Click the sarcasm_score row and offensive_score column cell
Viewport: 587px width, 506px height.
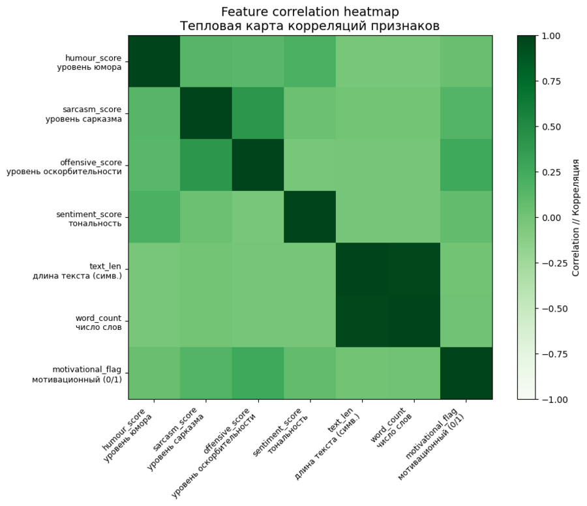tap(258, 113)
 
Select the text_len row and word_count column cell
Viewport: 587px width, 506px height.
tap(414, 269)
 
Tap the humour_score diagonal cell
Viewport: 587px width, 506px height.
tap(155, 61)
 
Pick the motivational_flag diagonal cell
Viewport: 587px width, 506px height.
tap(466, 373)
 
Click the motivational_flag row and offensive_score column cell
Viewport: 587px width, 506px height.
tap(258, 373)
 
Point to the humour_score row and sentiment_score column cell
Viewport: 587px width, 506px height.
tap(310, 61)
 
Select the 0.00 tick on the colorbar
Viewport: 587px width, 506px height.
tap(553, 217)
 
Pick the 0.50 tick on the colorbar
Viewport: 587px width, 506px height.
tap(553, 126)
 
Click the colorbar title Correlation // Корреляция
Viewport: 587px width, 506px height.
tap(576, 217)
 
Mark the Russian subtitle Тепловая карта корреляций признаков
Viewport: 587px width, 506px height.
tap(310, 26)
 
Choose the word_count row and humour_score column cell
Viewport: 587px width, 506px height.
tap(155, 321)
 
